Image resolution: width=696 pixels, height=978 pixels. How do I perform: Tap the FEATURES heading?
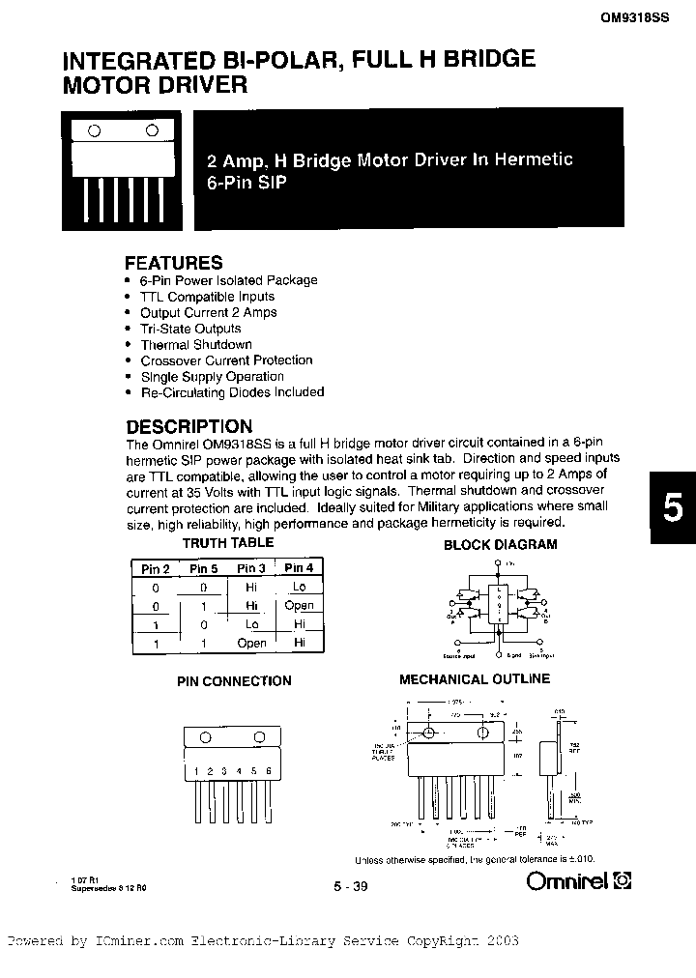coord(174,263)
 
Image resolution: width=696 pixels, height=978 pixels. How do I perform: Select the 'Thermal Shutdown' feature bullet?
coord(196,344)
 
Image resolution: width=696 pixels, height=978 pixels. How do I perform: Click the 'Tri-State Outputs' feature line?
coord(190,329)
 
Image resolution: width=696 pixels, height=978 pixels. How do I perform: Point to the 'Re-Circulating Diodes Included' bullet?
coord(232,392)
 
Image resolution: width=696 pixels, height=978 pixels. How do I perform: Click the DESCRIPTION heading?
coord(189,426)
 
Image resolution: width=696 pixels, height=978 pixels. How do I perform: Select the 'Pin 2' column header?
coord(156,568)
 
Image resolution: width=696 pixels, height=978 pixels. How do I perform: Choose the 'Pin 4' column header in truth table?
coord(299,568)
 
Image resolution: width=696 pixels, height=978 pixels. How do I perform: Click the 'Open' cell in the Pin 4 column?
coord(299,606)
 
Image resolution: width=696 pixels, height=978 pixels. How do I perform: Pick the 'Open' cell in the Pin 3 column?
coord(251,643)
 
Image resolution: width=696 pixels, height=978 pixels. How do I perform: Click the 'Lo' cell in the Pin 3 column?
coord(251,624)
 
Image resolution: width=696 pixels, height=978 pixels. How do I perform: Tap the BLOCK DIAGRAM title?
coord(500,544)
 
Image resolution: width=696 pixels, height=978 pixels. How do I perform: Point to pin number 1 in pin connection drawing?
coord(196,770)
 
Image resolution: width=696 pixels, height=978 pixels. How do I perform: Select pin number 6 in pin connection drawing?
coord(268,770)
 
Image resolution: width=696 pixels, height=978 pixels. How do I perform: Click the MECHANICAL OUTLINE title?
coord(475,679)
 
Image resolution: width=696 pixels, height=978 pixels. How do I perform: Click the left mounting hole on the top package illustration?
coord(97,129)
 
